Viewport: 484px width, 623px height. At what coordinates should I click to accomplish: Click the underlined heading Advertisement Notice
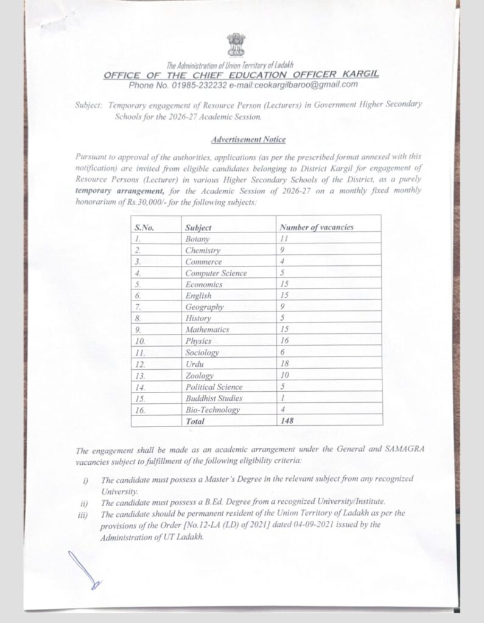tap(248, 139)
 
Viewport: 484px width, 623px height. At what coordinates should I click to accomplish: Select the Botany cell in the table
tap(197, 239)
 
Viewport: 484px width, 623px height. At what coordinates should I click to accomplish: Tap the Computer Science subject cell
tap(216, 273)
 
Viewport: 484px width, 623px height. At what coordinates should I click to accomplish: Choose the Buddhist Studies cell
tap(214, 398)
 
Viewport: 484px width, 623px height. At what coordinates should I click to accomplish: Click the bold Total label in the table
tap(195, 421)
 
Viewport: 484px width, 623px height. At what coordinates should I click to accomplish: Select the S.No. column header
tap(144, 228)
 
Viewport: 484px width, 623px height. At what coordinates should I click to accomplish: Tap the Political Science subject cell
tap(214, 387)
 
